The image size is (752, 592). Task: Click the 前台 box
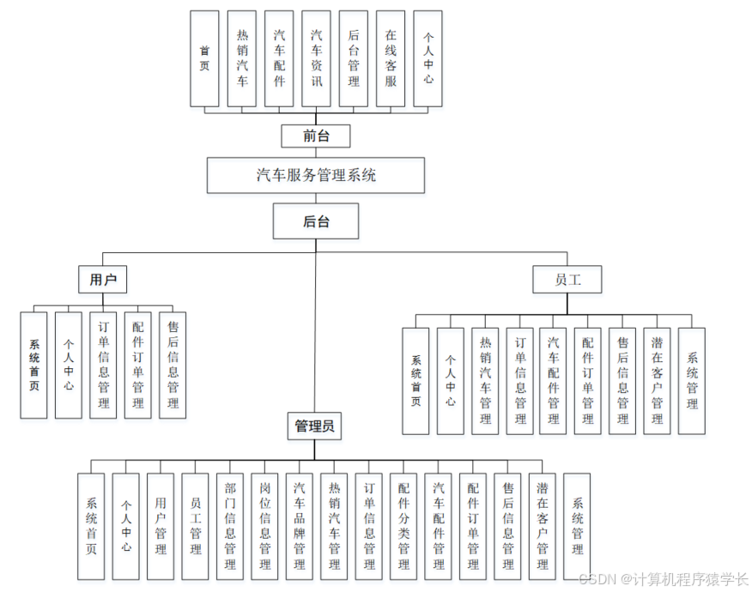click(315, 136)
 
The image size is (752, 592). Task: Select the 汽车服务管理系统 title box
click(316, 175)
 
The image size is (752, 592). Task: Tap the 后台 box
click(316, 220)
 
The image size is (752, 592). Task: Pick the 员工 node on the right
click(567, 279)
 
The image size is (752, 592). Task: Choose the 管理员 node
click(314, 426)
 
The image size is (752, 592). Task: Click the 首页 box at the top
click(204, 58)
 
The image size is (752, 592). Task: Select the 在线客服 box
click(391, 58)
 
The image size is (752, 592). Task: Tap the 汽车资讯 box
click(316, 58)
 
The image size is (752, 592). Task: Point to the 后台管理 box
click(354, 58)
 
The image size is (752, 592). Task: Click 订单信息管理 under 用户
click(103, 365)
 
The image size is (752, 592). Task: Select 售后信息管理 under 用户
click(173, 365)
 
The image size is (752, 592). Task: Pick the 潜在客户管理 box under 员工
click(657, 380)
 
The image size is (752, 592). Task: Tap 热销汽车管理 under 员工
click(485, 380)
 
